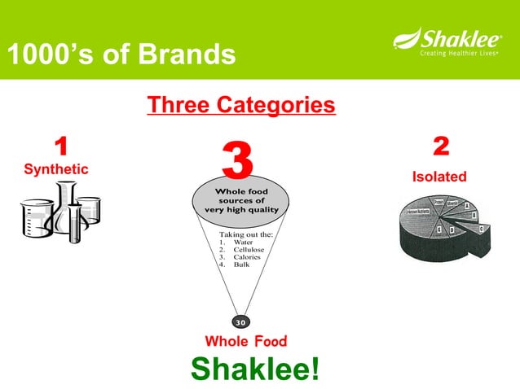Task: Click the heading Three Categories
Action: pyautogui.click(x=240, y=106)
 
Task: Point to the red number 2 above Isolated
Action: pyautogui.click(x=440, y=147)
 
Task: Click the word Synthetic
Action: pyautogui.click(x=56, y=169)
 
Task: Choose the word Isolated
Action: pyautogui.click(x=439, y=177)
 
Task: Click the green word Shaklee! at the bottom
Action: pyautogui.click(x=255, y=368)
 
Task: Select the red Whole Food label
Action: pyautogui.click(x=245, y=341)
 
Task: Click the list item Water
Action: pyautogui.click(x=243, y=243)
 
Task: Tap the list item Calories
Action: pyautogui.click(x=247, y=257)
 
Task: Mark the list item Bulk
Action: pyautogui.click(x=241, y=264)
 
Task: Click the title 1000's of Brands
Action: pyautogui.click(x=120, y=56)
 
